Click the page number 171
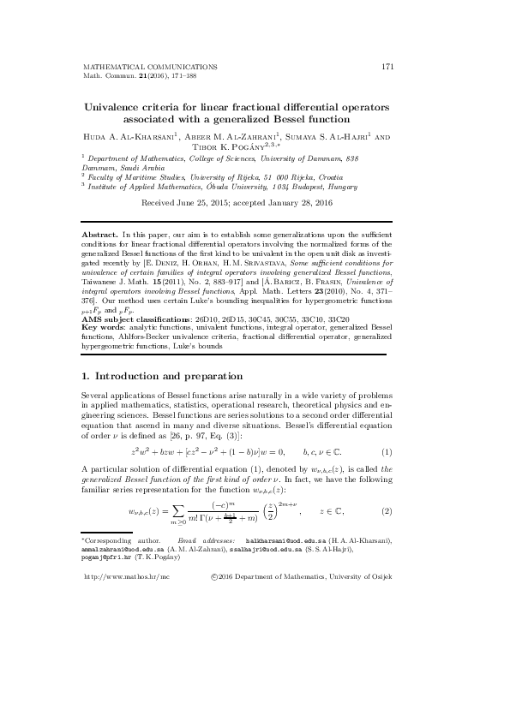pyautogui.click(x=387, y=66)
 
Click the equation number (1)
pyautogui.click(x=387, y=451)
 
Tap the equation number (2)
pyautogui.click(x=387, y=512)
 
